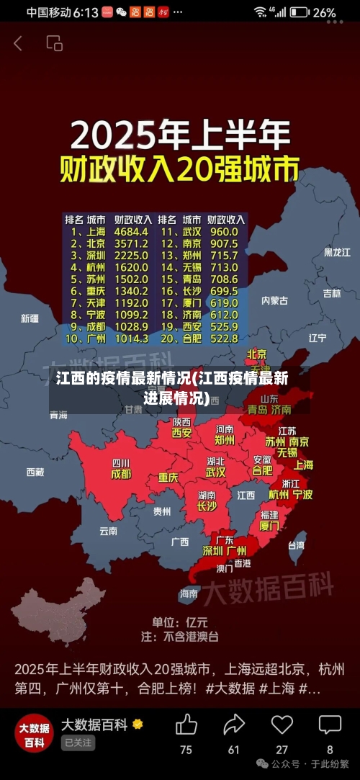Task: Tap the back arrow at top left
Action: tap(18, 44)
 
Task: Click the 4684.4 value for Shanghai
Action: tap(131, 232)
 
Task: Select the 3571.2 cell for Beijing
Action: tap(131, 243)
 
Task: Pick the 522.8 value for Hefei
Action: tap(223, 338)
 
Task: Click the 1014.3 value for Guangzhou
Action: tap(131, 338)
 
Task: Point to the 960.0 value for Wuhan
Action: tap(223, 232)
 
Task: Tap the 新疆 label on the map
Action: tap(30, 318)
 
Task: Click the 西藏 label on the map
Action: tap(35, 472)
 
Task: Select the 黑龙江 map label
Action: tap(336, 253)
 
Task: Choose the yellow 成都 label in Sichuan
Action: tap(121, 475)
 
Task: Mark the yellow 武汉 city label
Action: tap(215, 472)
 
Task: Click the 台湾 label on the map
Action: tap(296, 545)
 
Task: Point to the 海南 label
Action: tap(189, 593)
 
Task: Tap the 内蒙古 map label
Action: tap(274, 300)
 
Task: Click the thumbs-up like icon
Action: tap(186, 724)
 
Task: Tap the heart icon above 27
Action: tap(282, 724)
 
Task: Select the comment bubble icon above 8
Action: tap(330, 724)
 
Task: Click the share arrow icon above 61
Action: tap(234, 724)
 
